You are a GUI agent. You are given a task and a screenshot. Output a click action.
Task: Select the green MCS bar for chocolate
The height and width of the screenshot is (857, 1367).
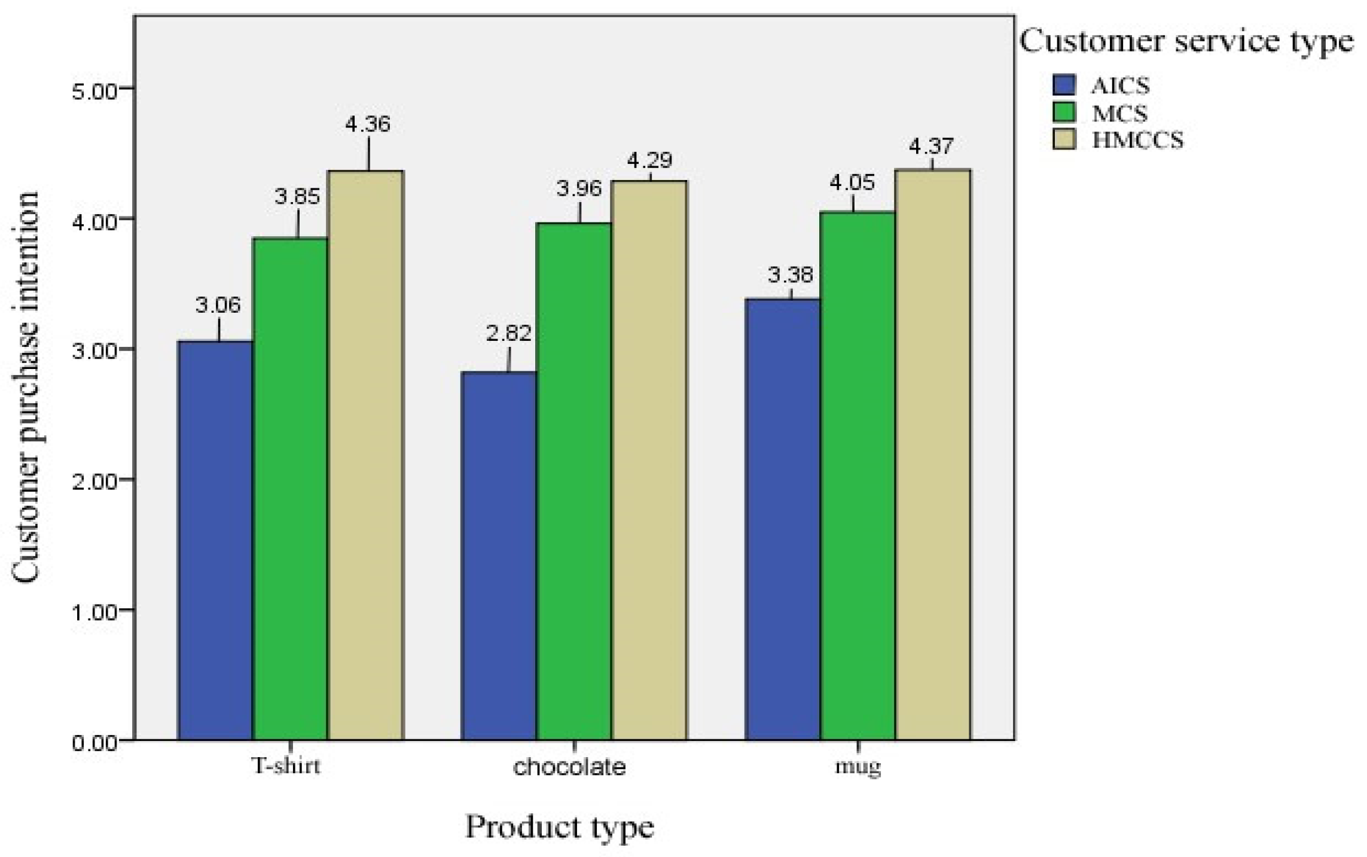[574, 481]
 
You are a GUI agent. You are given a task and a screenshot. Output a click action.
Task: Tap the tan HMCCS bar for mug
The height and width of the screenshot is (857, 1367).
[933, 455]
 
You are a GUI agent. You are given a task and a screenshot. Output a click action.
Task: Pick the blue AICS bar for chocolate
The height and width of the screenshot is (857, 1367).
[499, 556]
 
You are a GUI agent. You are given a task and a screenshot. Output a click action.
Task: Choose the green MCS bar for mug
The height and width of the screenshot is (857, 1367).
[858, 476]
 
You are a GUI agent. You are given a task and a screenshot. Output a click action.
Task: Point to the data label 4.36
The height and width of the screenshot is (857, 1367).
[368, 124]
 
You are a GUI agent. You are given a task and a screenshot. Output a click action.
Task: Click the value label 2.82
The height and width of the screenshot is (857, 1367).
[509, 333]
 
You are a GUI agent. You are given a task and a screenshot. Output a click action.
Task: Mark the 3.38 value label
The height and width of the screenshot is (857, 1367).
[791, 275]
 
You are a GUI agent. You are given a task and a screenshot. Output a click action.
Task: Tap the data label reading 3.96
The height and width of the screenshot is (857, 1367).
[579, 189]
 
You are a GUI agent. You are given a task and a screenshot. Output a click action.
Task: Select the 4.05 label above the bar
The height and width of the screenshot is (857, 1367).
[852, 182]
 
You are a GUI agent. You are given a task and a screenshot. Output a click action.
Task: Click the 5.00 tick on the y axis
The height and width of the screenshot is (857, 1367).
[96, 89]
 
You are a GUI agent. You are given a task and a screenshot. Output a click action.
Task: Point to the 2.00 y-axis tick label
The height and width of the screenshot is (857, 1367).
[96, 480]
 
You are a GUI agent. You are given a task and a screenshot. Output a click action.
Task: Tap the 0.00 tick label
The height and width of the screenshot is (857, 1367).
[96, 743]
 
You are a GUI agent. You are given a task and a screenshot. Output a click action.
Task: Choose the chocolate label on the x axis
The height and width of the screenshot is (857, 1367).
[569, 767]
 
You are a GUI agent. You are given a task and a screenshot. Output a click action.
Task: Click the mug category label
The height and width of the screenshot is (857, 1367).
[858, 767]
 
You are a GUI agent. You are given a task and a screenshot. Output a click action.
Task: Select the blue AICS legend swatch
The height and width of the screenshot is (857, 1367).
[1064, 85]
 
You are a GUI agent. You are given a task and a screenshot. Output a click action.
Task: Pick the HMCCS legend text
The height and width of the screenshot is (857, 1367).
[1138, 141]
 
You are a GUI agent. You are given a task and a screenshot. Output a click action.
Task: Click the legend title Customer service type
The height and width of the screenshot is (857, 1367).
[1186, 42]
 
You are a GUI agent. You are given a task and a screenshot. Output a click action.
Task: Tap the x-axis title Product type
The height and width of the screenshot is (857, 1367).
[560, 828]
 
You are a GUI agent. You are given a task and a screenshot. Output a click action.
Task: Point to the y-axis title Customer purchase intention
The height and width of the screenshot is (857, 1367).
[26, 386]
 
